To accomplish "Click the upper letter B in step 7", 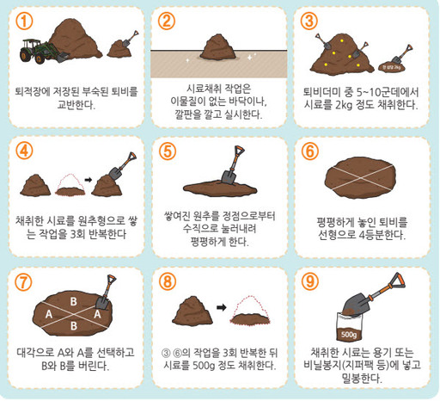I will coord(74,300).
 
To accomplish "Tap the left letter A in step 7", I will coord(50,314).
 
